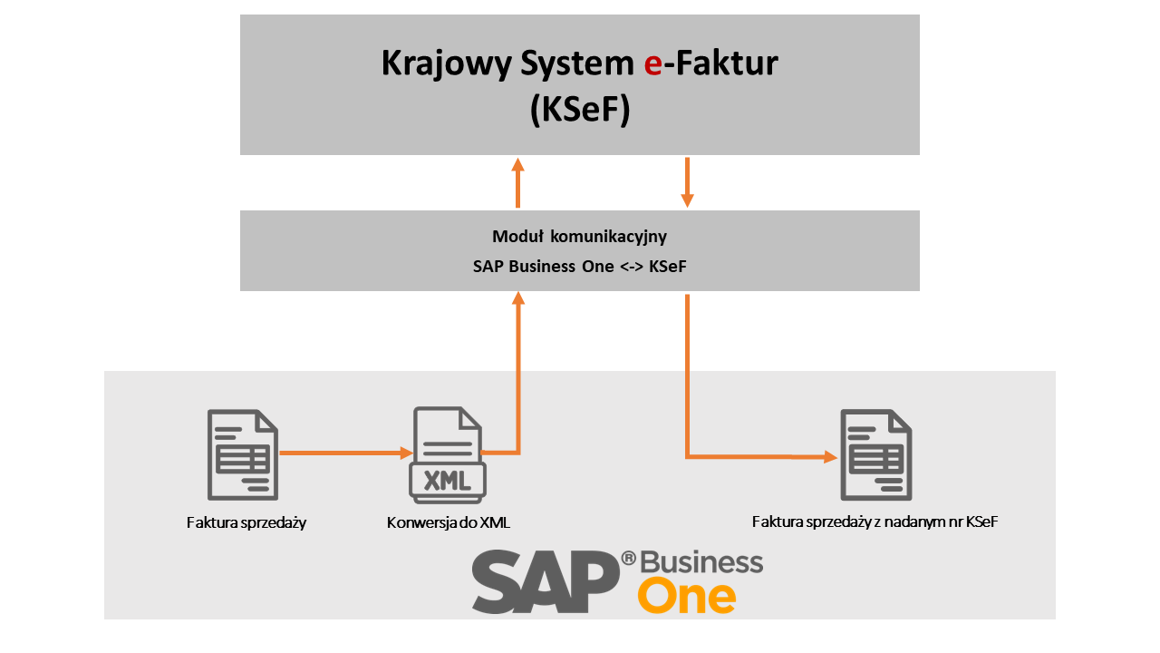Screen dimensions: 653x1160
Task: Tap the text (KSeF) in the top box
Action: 580,111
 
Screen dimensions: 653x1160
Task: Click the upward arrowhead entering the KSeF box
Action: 517,164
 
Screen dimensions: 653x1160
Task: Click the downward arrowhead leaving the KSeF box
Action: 687,199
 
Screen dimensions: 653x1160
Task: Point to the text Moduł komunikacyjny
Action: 580,237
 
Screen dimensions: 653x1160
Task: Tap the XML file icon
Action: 448,455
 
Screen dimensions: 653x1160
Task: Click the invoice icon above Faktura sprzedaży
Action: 243,454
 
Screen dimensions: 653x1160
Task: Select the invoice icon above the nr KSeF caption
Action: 875,454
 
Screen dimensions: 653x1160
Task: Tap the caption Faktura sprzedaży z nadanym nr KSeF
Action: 875,521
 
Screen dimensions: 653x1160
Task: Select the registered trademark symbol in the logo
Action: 627,558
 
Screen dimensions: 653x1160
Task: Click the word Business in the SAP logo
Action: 701,562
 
